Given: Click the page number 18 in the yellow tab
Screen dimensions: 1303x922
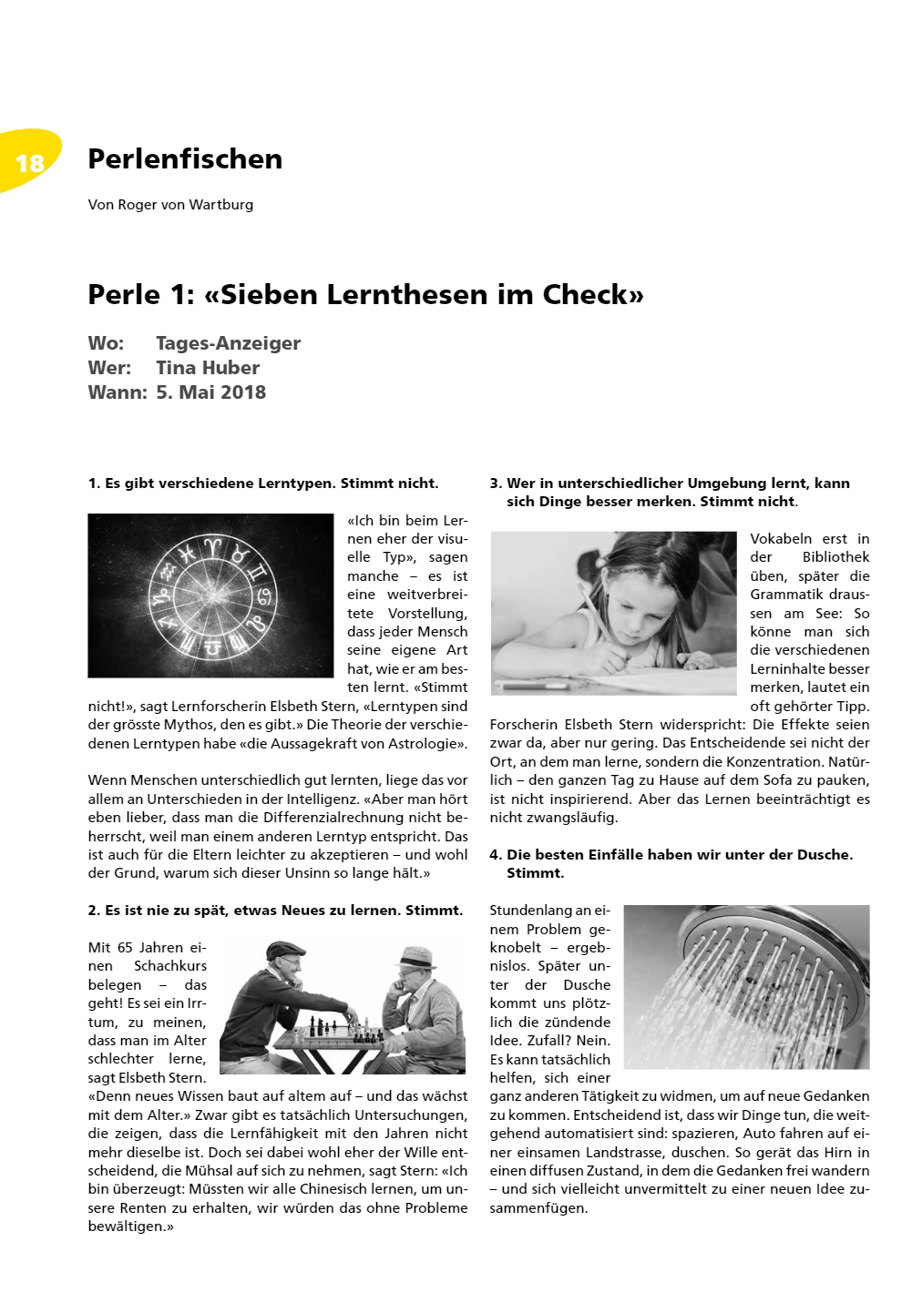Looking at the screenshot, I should point(30,163).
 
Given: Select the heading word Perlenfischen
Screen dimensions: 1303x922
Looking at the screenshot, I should point(185,159).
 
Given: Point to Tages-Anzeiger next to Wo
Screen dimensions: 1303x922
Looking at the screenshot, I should point(228,343).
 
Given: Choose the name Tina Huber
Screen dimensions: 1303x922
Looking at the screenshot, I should point(208,368).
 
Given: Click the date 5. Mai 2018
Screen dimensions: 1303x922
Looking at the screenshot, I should point(211,392).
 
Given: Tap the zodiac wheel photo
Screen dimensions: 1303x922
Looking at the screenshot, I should point(210,596).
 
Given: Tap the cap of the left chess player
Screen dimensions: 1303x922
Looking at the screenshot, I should point(285,950).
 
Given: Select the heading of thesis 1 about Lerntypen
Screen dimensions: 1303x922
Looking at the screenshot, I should point(263,484).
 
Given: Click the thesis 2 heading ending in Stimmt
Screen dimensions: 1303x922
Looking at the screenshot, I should point(275,911).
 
